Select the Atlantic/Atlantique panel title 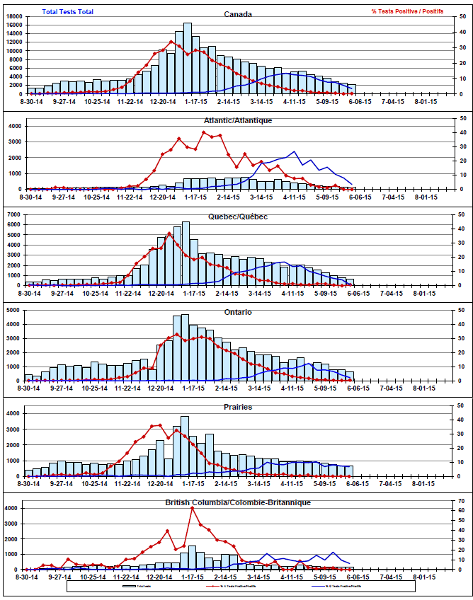click(237, 120)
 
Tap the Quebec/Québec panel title click(237, 216)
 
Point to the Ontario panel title click(237, 312)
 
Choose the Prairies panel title click(237, 408)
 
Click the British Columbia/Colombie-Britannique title click(237, 502)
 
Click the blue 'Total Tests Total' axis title click(67, 11)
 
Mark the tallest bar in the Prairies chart click(185, 446)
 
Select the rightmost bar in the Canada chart click(352, 90)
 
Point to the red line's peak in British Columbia click(193, 508)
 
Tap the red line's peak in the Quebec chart click(169, 233)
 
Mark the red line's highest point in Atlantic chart click(204, 132)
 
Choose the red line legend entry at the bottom click(234, 587)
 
